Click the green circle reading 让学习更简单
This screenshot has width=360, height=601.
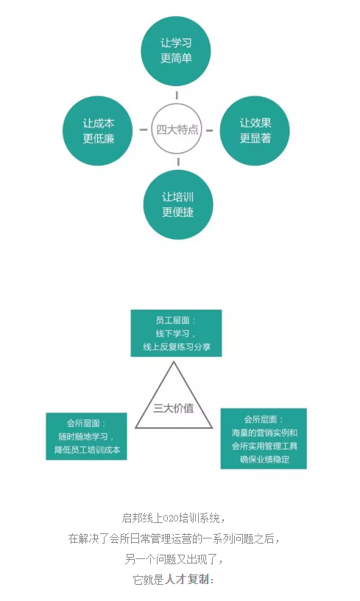(x=176, y=51)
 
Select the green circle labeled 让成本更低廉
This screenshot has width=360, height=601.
(x=98, y=131)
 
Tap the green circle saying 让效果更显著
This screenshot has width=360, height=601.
(x=255, y=131)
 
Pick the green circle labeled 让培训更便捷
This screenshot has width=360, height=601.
(x=178, y=205)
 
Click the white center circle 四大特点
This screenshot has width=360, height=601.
(x=177, y=129)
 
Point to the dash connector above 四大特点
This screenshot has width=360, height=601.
(x=177, y=95)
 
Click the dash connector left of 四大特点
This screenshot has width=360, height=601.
(x=143, y=129)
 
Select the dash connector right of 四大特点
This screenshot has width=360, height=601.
(x=209, y=130)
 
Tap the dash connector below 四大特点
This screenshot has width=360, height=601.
(x=178, y=162)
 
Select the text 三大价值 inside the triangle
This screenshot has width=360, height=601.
(x=174, y=408)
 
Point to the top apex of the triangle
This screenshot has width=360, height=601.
(x=174, y=361)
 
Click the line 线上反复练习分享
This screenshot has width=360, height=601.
(x=177, y=347)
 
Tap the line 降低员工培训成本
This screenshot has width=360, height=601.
(x=87, y=450)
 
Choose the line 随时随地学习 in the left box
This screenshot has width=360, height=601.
(x=84, y=436)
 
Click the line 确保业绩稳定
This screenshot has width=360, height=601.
(x=264, y=459)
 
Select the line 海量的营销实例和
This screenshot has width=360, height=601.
(x=264, y=433)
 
